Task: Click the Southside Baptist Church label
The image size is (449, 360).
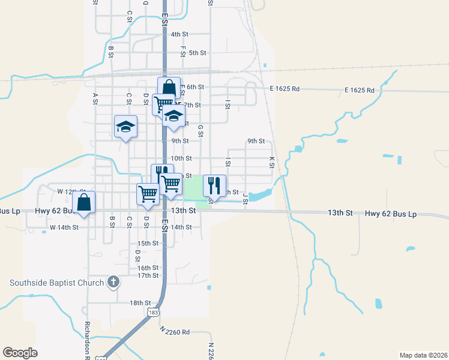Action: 56,282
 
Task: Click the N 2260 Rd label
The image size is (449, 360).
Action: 175,331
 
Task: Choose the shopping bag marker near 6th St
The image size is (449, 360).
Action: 169,88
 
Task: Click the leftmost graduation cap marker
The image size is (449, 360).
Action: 126,127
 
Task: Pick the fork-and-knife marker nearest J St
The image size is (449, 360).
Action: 214,185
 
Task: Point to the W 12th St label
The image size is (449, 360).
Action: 68,191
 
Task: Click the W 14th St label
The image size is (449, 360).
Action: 64,227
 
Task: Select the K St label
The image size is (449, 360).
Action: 272,162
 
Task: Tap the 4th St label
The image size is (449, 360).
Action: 179,34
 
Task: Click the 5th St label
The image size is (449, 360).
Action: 197,53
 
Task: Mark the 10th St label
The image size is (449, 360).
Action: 181,158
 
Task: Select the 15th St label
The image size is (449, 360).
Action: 148,244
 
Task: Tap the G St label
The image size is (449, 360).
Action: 200,130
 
